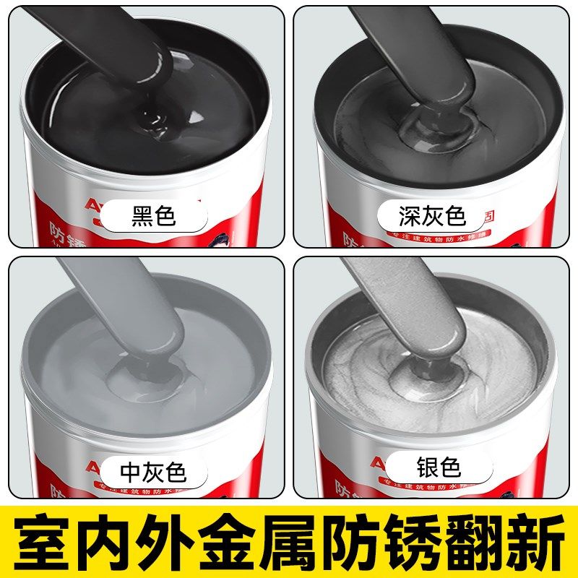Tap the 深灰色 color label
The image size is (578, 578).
pos(433,216)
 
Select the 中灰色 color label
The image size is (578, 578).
pos(152,471)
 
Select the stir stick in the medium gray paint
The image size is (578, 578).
pos(123,303)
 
